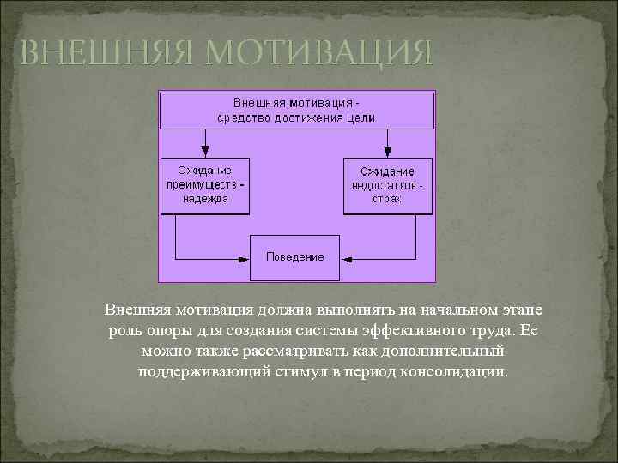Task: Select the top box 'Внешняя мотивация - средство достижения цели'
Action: pos(295,110)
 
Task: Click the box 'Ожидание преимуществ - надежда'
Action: pos(206,184)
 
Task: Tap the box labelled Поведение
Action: pos(295,256)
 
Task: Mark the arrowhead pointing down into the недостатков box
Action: pos(388,151)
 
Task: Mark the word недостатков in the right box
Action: pos(385,184)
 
